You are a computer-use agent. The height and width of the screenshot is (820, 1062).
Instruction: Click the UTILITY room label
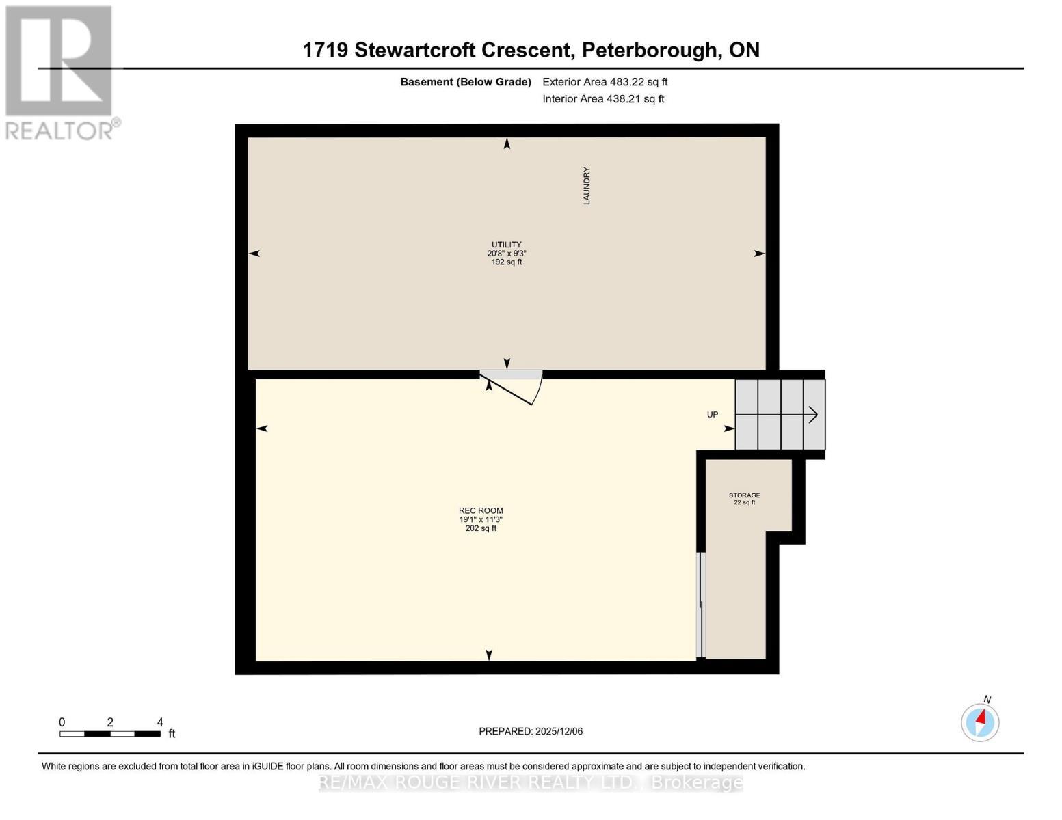(506, 245)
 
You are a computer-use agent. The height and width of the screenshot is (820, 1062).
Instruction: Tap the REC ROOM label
(481, 510)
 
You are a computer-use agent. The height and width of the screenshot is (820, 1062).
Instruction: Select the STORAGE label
(744, 495)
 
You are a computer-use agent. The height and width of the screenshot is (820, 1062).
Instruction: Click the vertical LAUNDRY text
(586, 186)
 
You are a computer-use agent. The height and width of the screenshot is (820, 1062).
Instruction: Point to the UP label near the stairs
(713, 415)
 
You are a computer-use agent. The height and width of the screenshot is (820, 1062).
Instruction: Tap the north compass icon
(980, 722)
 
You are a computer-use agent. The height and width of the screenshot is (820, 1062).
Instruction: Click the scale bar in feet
(110, 734)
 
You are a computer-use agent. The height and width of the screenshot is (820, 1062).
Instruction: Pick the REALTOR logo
(60, 72)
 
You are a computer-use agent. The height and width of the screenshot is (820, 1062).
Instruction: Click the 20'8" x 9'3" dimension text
(506, 254)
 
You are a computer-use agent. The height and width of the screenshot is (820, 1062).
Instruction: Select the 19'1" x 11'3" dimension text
(481, 519)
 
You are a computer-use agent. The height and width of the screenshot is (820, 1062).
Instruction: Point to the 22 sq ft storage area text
(744, 503)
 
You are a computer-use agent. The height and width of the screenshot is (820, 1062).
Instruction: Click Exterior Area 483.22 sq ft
(605, 82)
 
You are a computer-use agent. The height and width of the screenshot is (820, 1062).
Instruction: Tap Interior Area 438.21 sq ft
(603, 99)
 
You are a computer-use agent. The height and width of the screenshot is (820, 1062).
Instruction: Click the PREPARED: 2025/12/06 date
(531, 731)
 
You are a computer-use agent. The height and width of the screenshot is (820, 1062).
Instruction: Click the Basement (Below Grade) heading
(466, 82)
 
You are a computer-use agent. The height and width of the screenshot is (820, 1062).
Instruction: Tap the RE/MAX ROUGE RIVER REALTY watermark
(531, 782)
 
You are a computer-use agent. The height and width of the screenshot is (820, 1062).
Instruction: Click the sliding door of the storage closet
(700, 605)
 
